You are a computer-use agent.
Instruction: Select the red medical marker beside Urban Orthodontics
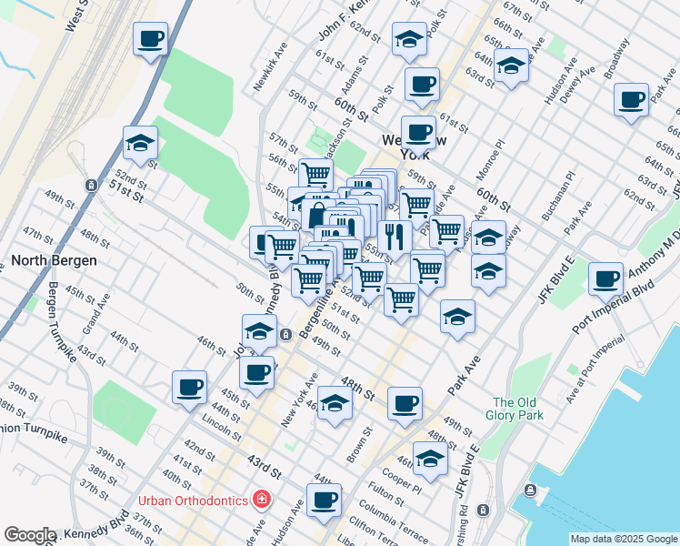click(262, 499)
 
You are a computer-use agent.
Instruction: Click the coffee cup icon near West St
click(151, 39)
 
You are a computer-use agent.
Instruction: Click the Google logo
click(30, 535)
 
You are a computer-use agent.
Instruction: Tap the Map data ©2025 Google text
click(623, 539)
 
